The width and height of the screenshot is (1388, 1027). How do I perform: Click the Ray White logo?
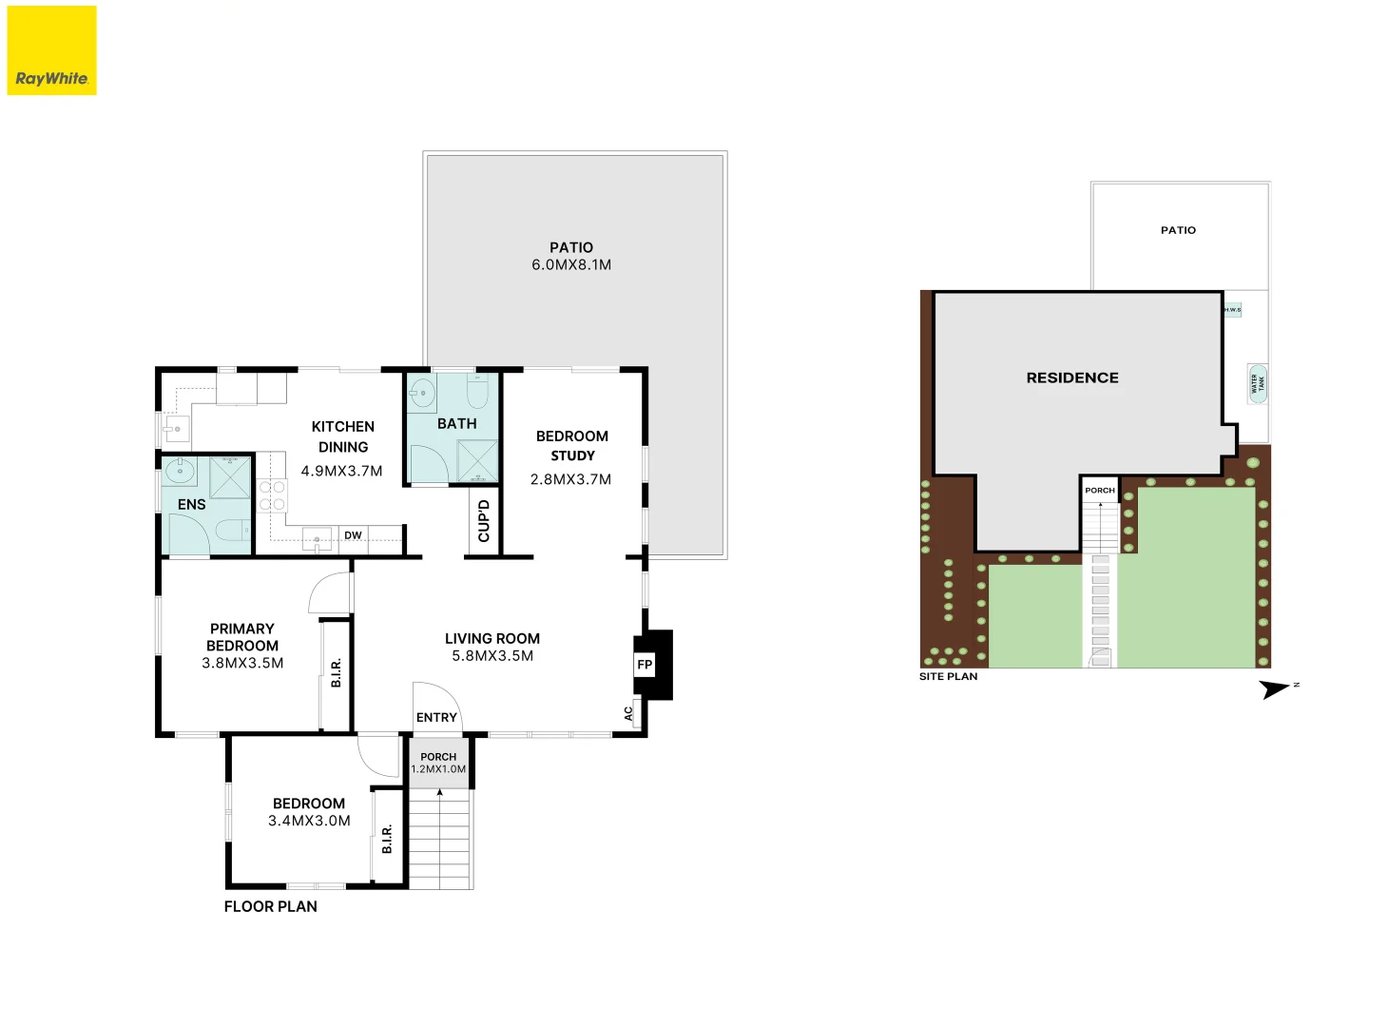51,50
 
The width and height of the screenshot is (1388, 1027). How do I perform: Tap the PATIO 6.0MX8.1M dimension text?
571,264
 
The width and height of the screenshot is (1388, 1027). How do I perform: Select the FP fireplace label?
645,665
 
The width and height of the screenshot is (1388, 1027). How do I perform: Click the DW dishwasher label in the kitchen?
353,535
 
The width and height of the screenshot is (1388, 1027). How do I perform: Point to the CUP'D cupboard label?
484,521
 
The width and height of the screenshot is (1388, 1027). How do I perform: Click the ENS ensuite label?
191,505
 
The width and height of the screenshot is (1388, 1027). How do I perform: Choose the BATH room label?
456,424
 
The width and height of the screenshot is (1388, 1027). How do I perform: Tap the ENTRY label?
436,718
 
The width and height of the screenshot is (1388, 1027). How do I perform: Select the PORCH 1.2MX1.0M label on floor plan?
438,764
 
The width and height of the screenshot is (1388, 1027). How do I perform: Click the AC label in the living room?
628,712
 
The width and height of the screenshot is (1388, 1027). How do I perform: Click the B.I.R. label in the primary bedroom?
336,673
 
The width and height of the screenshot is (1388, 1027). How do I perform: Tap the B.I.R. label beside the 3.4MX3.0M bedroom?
387,839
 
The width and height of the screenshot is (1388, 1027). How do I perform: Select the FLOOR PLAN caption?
271,907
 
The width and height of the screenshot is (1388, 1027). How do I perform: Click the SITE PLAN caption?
948,677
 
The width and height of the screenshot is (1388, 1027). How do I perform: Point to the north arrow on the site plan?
1275,688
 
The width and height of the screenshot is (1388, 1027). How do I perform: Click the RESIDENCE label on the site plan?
1072,378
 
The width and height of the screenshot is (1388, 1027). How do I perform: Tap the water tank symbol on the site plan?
1258,383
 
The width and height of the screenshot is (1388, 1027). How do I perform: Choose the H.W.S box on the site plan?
1232,310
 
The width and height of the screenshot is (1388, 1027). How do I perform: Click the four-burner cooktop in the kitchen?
272,496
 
